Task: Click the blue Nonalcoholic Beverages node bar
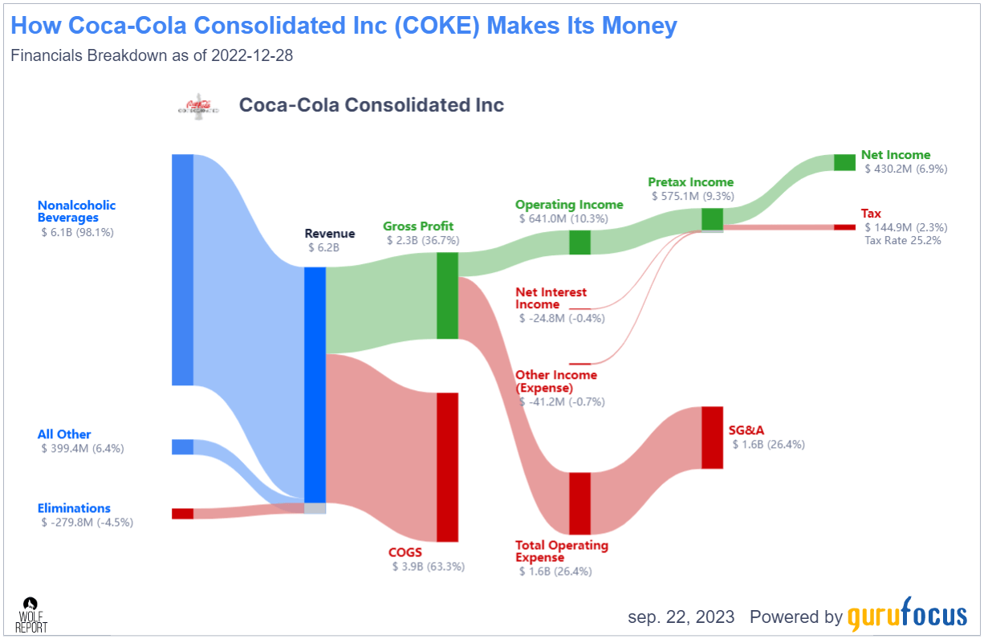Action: (182, 270)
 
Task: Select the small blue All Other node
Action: (182, 447)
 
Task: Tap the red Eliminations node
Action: (182, 514)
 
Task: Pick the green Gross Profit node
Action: (447, 295)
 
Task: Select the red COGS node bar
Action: (447, 467)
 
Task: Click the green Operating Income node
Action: (579, 242)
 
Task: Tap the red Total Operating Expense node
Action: (579, 503)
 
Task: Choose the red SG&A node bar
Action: (712, 438)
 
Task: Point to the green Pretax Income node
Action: (712, 219)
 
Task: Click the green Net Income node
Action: (844, 162)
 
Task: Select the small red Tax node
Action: (844, 227)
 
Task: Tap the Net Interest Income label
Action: (551, 299)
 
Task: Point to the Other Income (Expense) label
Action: (555, 381)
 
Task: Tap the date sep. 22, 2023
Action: (681, 617)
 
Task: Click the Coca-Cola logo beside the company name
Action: (197, 106)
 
